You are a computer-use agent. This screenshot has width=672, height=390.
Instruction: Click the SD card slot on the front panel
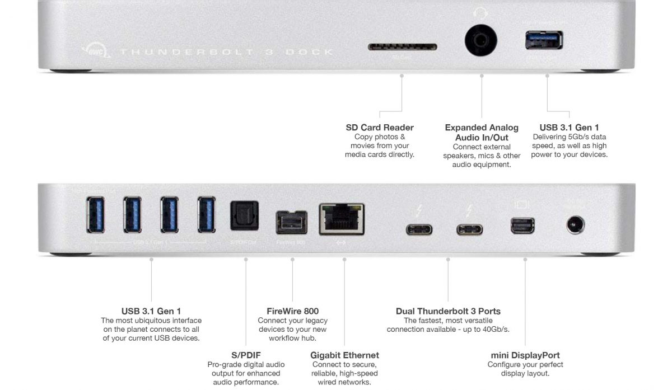pos(402,47)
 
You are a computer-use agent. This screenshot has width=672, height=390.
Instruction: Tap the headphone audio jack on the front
pos(481,41)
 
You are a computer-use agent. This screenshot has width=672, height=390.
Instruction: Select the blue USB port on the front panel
pos(544,41)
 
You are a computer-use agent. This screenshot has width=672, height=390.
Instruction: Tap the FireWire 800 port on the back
pos(291,222)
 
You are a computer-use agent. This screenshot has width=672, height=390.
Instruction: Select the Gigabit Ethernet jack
pos(341,218)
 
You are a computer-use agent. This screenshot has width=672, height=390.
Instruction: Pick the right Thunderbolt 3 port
pos(469,229)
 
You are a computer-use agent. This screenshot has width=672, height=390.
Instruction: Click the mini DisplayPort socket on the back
pos(522,225)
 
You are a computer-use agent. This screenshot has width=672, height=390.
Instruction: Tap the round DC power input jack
pos(575,225)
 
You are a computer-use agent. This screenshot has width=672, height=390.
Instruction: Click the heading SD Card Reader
pos(380,128)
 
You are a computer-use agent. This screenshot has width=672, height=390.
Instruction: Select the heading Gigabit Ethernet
pos(344,355)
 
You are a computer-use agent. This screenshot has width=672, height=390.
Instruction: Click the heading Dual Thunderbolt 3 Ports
pos(448,311)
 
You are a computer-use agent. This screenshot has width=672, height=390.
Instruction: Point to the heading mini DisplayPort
pos(525,355)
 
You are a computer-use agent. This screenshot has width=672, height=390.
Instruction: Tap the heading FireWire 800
pos(293,311)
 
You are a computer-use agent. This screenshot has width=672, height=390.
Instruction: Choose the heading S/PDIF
pos(246,355)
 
